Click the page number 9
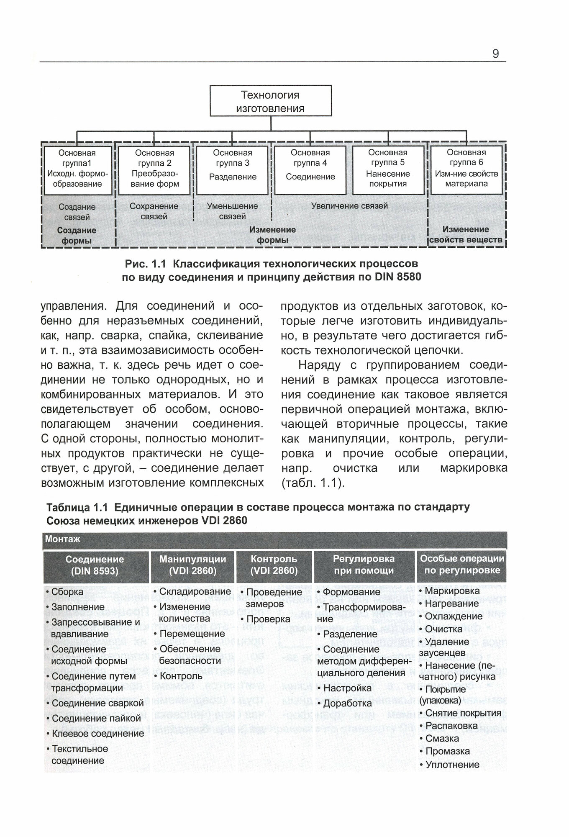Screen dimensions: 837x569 click(x=495, y=54)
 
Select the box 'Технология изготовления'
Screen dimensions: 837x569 click(x=270, y=101)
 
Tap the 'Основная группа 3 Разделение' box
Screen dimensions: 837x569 click(x=232, y=170)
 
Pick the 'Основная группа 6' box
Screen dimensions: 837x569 click(x=466, y=170)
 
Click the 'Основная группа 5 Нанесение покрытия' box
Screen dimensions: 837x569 click(x=388, y=170)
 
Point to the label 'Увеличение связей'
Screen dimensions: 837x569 click(x=349, y=206)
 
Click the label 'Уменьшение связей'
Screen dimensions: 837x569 click(x=232, y=211)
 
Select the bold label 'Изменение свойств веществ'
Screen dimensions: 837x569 click(x=466, y=235)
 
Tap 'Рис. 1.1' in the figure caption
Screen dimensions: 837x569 click(x=146, y=264)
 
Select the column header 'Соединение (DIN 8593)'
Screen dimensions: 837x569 click(x=95, y=565)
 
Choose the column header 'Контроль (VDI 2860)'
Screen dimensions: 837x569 click(x=274, y=565)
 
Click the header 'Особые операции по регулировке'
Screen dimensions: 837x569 click(x=462, y=565)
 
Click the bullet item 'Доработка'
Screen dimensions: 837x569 click(x=347, y=703)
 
